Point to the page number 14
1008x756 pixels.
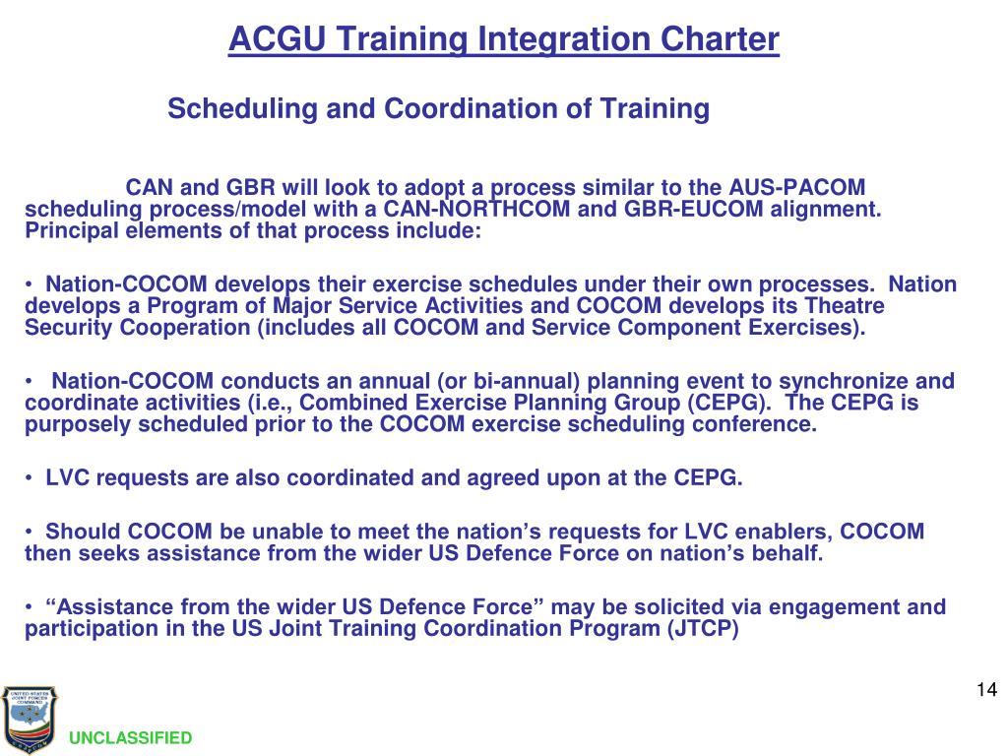pyautogui.click(x=986, y=688)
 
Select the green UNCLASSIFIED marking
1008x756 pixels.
pyautogui.click(x=131, y=738)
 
